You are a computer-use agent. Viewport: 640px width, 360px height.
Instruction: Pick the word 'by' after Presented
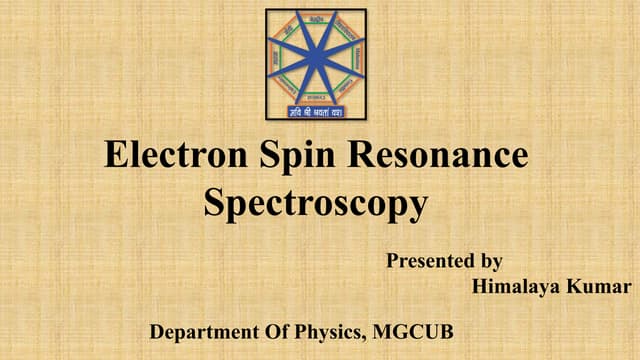click(x=490, y=262)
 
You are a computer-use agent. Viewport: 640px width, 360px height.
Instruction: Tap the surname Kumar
click(x=597, y=288)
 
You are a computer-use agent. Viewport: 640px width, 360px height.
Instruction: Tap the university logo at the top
click(x=316, y=64)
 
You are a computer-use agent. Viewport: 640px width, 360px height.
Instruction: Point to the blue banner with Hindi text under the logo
click(x=316, y=110)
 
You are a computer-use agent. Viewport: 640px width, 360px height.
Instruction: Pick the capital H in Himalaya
click(x=478, y=288)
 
